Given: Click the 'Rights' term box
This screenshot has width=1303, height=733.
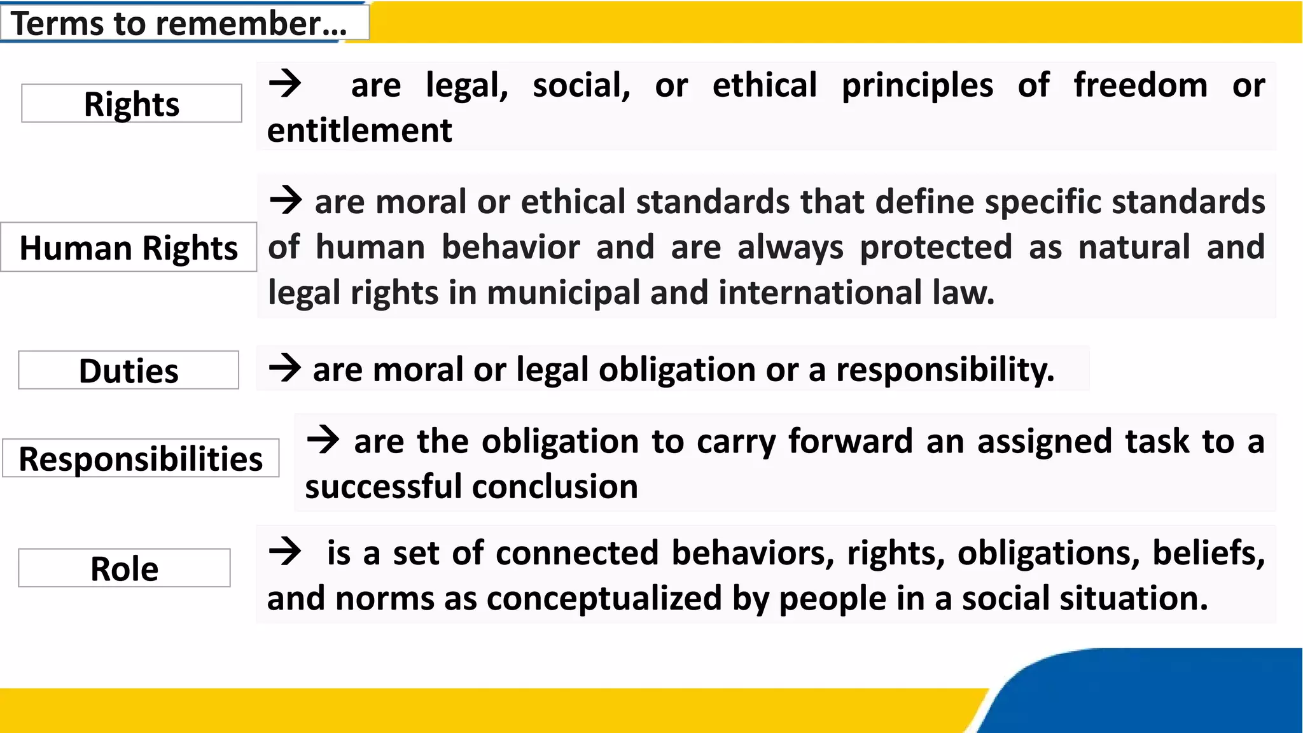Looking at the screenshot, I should pyautogui.click(x=132, y=103).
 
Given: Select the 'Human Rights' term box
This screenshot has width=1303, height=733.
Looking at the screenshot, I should pyautogui.click(x=129, y=248).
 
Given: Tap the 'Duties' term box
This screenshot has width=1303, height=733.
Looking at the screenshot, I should pyautogui.click(x=129, y=370).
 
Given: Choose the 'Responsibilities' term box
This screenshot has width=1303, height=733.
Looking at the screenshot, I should pyautogui.click(x=141, y=458).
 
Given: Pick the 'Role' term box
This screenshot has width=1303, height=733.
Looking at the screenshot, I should pyautogui.click(x=124, y=568).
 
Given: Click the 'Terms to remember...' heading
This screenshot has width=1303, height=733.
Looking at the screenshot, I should pyautogui.click(x=179, y=24).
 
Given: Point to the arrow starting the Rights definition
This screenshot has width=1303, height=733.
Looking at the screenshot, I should pyautogui.click(x=284, y=83).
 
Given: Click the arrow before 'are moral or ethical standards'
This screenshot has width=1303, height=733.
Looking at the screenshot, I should pyautogui.click(x=286, y=200).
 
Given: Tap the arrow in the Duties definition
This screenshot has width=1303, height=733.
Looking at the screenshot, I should pyautogui.click(x=284, y=368).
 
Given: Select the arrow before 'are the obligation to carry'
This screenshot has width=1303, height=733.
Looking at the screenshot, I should pyautogui.click(x=323, y=439).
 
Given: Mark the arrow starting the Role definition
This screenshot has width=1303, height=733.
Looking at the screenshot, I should pyautogui.click(x=284, y=551).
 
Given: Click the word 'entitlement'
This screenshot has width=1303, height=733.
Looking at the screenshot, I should pyautogui.click(x=359, y=130).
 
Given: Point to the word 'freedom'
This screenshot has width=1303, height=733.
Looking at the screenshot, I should pyautogui.click(x=1140, y=85).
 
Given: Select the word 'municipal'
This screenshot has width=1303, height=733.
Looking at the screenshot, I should pyautogui.click(x=563, y=293).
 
